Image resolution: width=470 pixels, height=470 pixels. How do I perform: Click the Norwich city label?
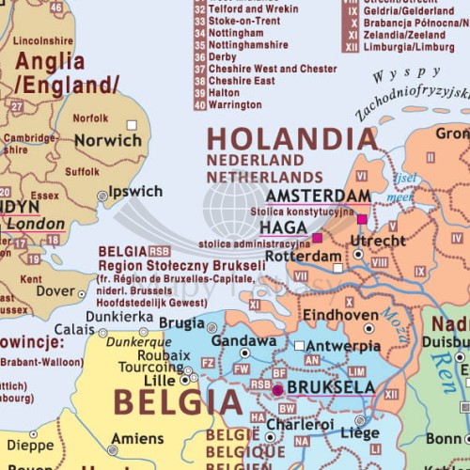[108, 140]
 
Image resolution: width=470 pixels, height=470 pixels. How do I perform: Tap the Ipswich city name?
[135, 192]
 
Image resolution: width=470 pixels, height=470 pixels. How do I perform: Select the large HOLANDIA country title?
[291, 139]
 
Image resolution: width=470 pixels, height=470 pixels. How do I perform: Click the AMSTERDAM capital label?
[318, 195]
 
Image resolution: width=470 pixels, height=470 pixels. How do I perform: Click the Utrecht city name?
[378, 242]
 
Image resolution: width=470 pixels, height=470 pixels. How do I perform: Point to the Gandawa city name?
[243, 340]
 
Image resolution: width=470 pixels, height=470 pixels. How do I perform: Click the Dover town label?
[55, 292]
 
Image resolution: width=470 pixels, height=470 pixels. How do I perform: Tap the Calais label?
[74, 330]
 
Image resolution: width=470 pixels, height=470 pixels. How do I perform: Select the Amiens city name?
[137, 438]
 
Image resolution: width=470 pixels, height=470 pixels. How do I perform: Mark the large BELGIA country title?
[178, 403]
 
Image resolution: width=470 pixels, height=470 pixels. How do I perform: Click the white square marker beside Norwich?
[132, 124]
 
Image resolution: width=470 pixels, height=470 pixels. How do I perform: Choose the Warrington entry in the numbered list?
[235, 105]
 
